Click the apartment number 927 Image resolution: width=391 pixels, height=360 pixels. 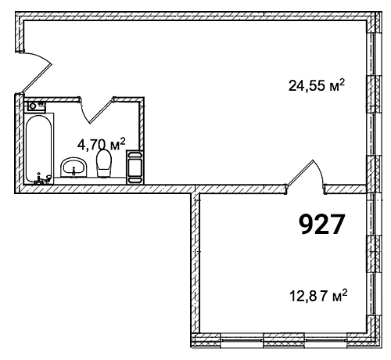(321, 225)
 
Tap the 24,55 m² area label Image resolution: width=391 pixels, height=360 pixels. (317, 85)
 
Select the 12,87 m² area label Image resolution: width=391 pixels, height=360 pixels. (318, 296)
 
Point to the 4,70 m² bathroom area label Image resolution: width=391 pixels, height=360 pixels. (101, 144)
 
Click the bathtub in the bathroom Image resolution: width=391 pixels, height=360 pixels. (39, 149)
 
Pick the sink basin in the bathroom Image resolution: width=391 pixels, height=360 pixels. (74, 167)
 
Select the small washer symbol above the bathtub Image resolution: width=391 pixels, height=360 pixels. (35, 107)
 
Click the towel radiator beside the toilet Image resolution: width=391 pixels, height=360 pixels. (135, 167)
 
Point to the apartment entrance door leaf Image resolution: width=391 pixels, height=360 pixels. (37, 77)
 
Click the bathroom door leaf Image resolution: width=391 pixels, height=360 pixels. (102, 110)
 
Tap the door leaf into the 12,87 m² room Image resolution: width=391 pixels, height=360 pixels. (300, 173)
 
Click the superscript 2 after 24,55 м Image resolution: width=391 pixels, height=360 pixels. (342, 83)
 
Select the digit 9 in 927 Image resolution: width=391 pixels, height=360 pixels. (307, 225)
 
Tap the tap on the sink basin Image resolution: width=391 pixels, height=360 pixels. (74, 171)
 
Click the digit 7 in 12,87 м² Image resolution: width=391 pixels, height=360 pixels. (324, 297)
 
